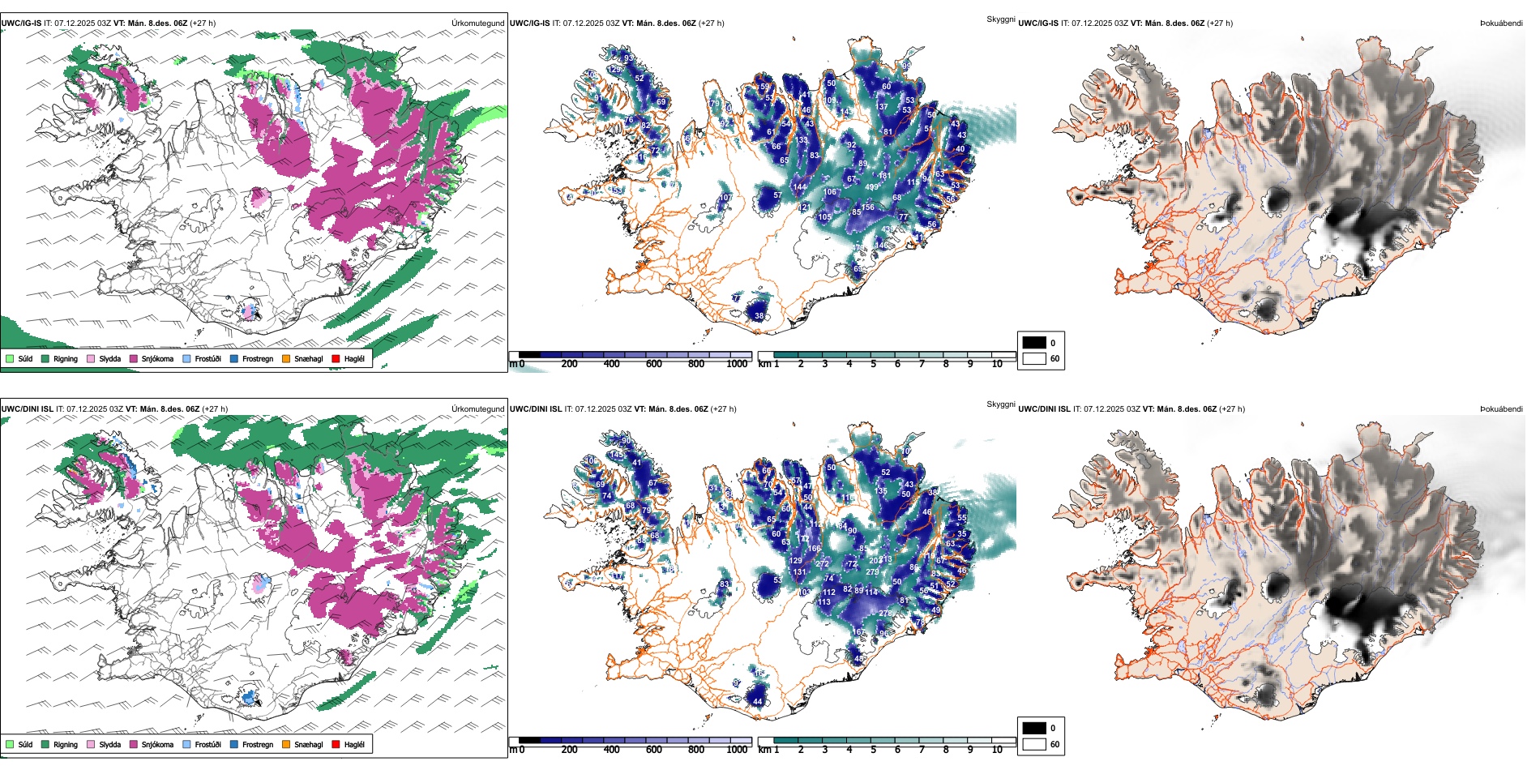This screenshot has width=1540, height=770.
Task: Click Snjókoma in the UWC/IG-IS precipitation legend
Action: pyautogui.click(x=157, y=358)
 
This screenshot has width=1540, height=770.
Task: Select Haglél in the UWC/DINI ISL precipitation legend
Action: pyautogui.click(x=354, y=744)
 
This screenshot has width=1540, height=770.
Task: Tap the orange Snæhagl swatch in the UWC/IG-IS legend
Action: pyautogui.click(x=286, y=358)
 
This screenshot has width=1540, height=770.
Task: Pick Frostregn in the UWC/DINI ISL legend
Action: pyautogui.click(x=258, y=744)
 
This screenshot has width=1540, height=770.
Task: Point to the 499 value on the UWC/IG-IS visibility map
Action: pyautogui.click(x=872, y=187)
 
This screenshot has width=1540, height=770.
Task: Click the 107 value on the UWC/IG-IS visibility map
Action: pyautogui.click(x=725, y=197)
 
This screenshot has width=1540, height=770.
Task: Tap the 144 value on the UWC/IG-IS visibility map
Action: pyautogui.click(x=800, y=187)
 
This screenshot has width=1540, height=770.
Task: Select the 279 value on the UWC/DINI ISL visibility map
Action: pyautogui.click(x=872, y=572)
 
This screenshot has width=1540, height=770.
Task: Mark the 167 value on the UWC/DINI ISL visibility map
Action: pyautogui.click(x=858, y=631)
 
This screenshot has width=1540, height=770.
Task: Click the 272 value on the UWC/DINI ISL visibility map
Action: pyautogui.click(x=822, y=563)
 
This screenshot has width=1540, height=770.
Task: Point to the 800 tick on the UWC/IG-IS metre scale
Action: pyautogui.click(x=696, y=364)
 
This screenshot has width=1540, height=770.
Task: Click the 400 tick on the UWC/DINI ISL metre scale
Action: pyautogui.click(x=612, y=750)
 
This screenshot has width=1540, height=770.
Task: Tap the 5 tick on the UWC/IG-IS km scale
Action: pyautogui.click(x=874, y=364)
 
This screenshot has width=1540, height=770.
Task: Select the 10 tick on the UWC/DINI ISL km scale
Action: pyautogui.click(x=997, y=750)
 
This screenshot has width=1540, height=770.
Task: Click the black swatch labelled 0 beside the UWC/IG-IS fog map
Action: pyautogui.click(x=1034, y=343)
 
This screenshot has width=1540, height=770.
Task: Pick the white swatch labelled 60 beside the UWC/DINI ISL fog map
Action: pyautogui.click(x=1034, y=744)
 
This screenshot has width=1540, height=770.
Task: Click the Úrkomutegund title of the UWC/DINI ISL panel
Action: pyautogui.click(x=477, y=409)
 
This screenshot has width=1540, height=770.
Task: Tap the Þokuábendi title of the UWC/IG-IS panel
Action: pyautogui.click(x=1501, y=24)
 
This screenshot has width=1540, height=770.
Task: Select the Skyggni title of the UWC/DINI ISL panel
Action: pyautogui.click(x=1000, y=404)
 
